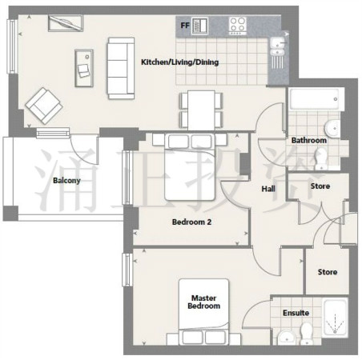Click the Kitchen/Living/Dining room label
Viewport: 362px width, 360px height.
click(179, 62)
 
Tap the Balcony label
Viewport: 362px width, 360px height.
click(66, 181)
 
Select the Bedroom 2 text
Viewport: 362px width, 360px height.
click(191, 222)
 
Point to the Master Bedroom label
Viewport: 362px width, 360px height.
click(204, 302)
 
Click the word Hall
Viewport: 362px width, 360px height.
click(268, 189)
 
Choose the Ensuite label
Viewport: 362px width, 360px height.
click(296, 313)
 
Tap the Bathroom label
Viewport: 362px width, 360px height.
click(309, 140)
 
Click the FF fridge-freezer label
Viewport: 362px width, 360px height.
click(185, 26)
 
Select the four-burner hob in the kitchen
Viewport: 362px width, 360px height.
click(238, 26)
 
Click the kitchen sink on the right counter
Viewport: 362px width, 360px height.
click(278, 46)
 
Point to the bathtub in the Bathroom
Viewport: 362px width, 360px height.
click(315, 99)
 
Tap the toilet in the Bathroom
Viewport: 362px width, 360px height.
click(321, 158)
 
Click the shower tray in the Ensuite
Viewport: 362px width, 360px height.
click(335, 318)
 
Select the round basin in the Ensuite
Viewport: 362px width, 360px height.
click(287, 338)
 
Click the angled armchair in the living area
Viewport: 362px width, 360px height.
click(44, 106)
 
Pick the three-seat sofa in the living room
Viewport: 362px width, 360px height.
click(121, 68)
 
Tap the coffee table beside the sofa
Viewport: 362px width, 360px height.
click(84, 68)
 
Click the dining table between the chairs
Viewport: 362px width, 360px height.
click(201, 110)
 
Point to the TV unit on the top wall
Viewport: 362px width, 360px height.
click(66, 23)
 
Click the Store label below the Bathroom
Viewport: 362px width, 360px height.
click(320, 186)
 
